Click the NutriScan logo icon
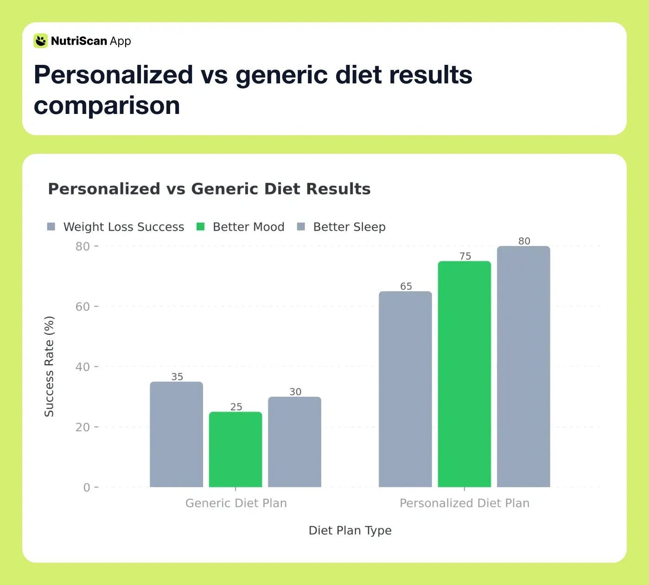(41, 41)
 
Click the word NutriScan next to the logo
(79, 41)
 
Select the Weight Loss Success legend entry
(116, 226)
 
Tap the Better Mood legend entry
(241, 226)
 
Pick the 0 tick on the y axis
(87, 487)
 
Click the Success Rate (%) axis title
(49, 366)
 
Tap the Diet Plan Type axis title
(350, 530)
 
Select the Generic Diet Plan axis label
(236, 503)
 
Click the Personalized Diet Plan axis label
(464, 503)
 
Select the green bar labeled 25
(235, 449)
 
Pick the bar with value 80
(523, 366)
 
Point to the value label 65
(406, 286)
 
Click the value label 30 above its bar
(295, 392)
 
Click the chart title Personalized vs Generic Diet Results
(209, 189)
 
